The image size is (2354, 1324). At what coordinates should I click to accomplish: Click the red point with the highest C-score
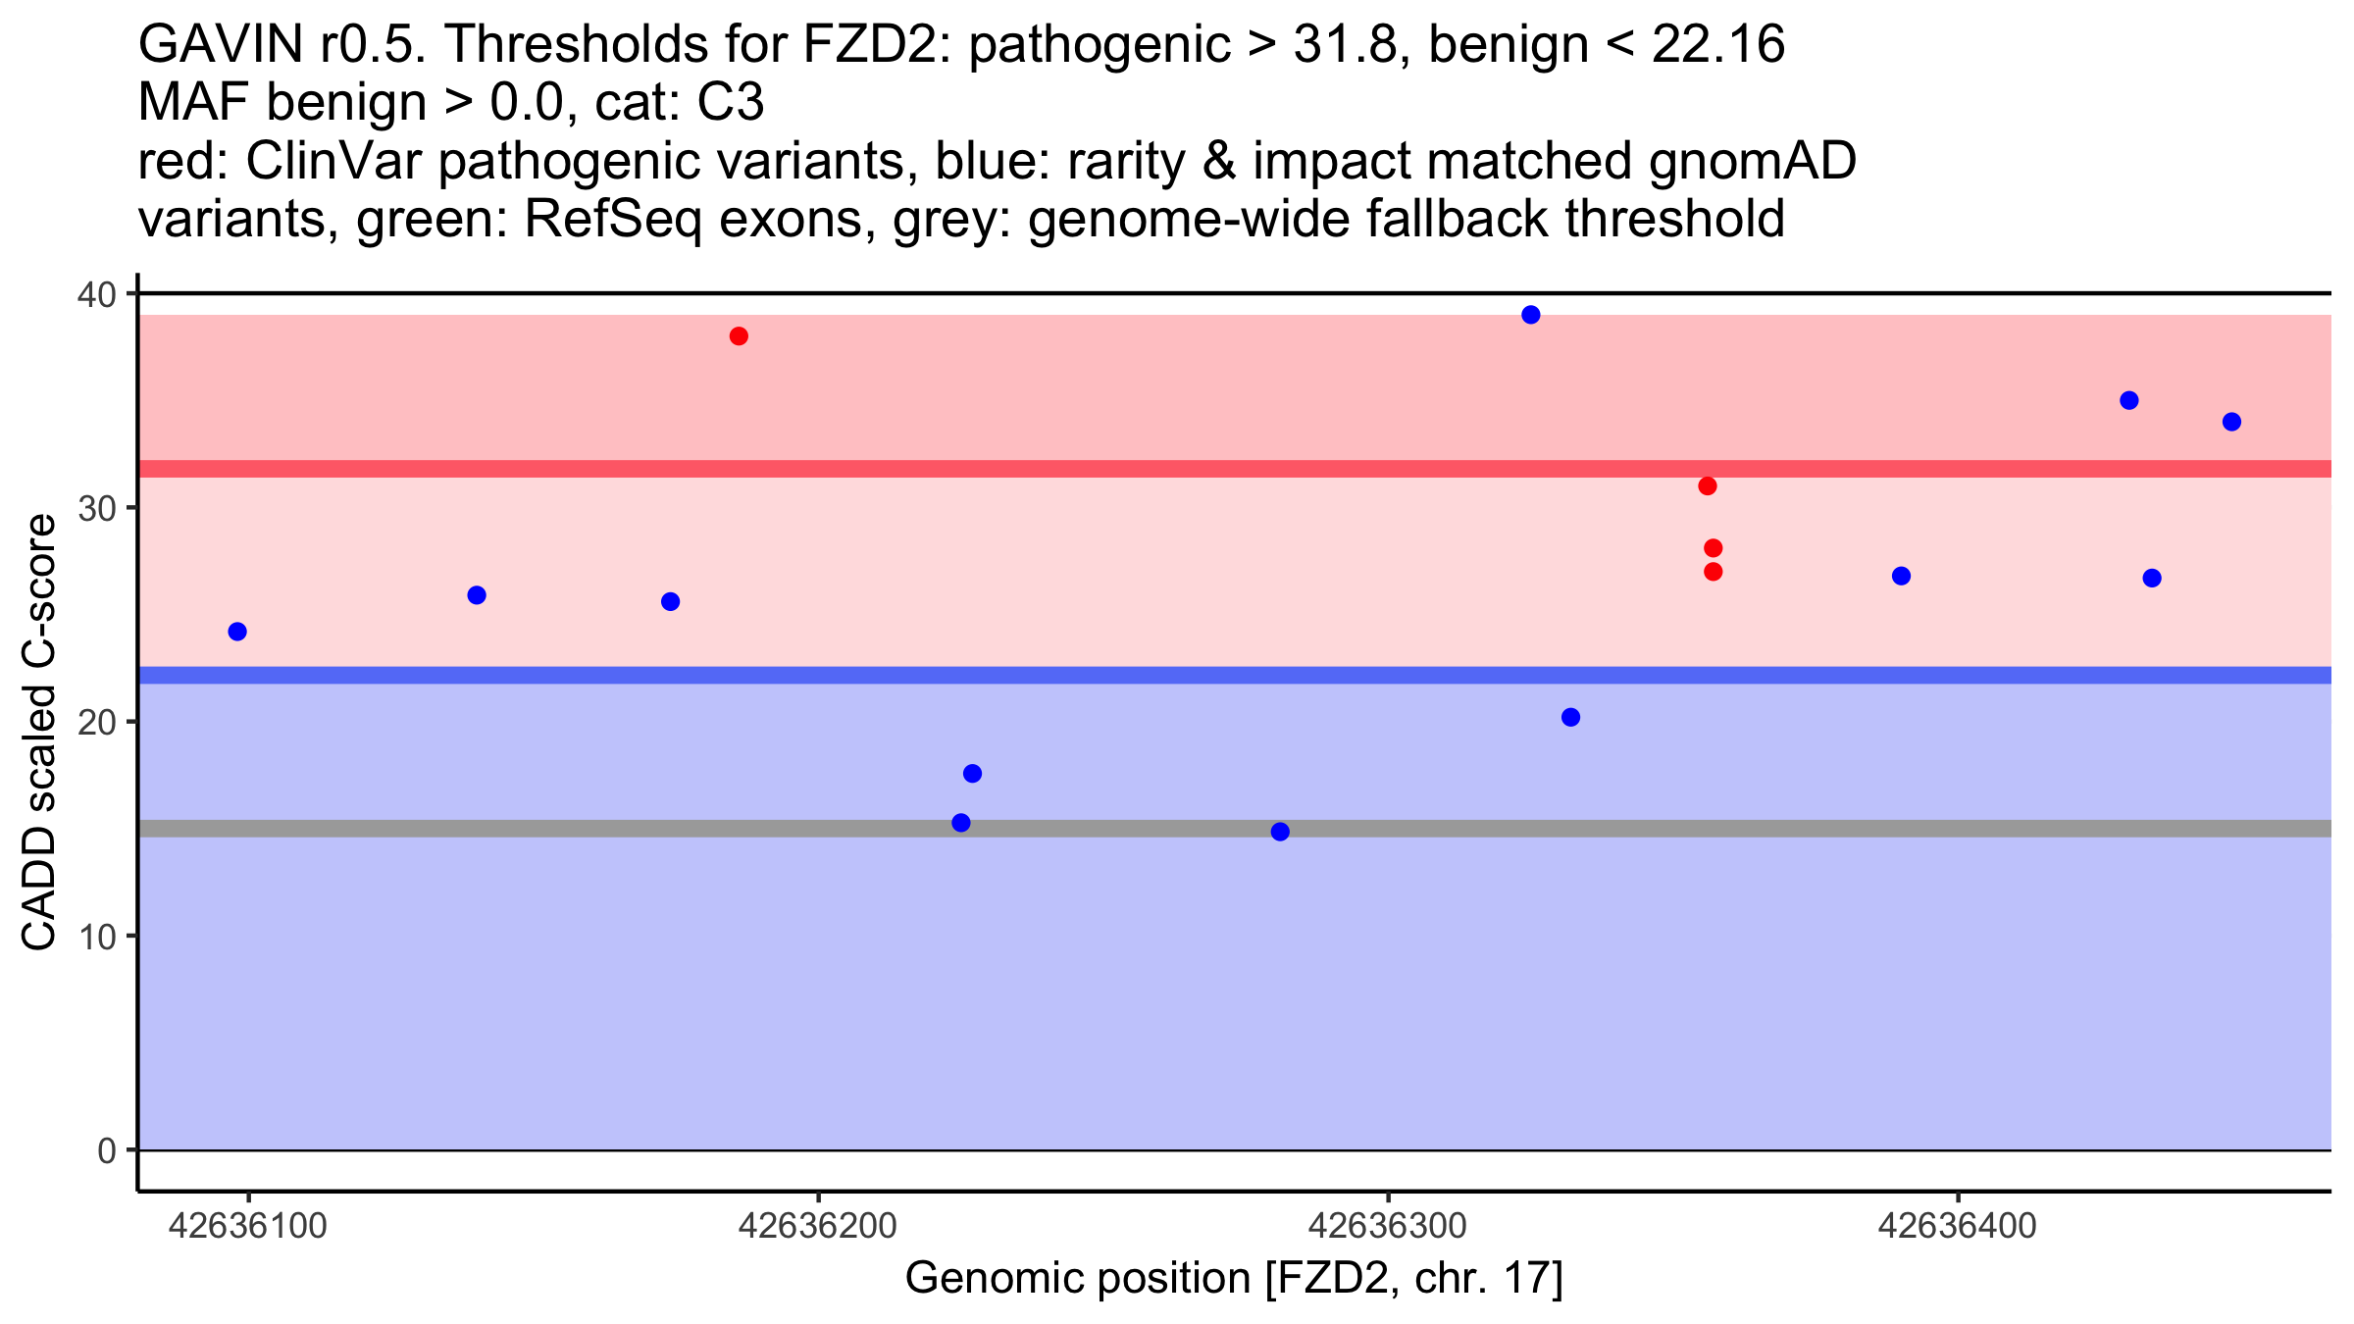pyautogui.click(x=739, y=336)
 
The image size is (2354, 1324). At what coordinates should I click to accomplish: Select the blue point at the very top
pyautogui.click(x=1530, y=315)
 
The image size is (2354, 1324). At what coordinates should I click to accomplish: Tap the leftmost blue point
pyautogui.click(x=237, y=632)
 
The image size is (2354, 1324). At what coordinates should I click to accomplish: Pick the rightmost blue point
pyautogui.click(x=2231, y=422)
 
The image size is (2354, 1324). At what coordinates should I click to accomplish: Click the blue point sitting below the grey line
pyautogui.click(x=1280, y=832)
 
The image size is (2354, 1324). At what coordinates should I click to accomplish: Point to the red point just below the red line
pyautogui.click(x=1707, y=486)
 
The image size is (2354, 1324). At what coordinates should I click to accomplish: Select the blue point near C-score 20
pyautogui.click(x=1570, y=718)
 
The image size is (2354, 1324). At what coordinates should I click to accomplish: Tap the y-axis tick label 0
pyautogui.click(x=106, y=1150)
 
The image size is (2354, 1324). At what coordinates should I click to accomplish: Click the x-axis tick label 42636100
pyautogui.click(x=247, y=1227)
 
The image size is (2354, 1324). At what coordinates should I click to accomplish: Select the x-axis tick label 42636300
pyautogui.click(x=1388, y=1227)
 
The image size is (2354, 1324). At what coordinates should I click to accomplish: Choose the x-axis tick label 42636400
pyautogui.click(x=1958, y=1227)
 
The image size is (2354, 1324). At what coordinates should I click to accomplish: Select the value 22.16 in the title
pyautogui.click(x=1717, y=45)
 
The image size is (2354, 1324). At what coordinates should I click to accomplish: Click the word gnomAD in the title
pyautogui.click(x=1752, y=162)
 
